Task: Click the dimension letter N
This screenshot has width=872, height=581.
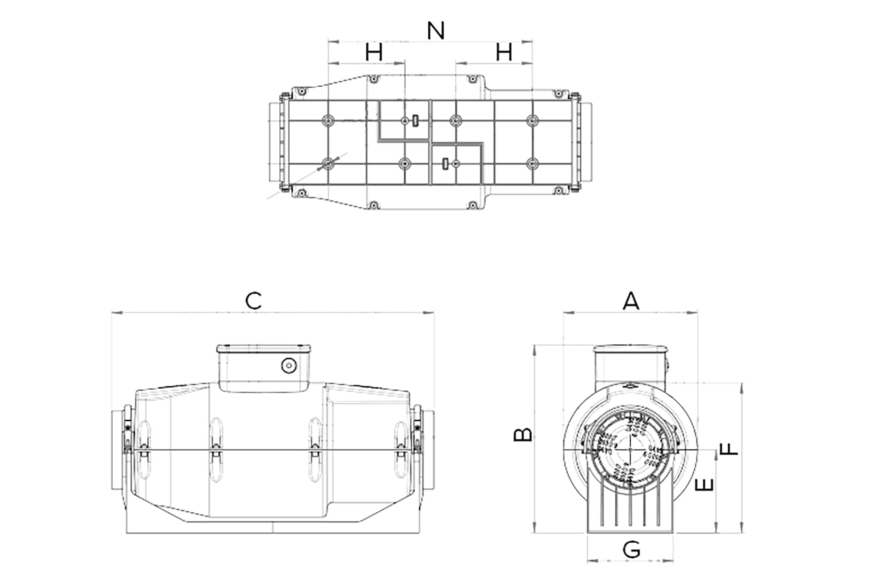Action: (436, 31)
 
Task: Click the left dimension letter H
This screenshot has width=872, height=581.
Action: (374, 52)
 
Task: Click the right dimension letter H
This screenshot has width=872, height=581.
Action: (504, 52)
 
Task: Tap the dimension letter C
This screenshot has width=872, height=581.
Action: (253, 301)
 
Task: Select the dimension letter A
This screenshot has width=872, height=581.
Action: (631, 301)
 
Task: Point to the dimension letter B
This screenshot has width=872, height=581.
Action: (523, 435)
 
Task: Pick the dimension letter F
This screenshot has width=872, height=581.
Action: (729, 448)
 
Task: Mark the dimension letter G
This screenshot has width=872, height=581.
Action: (631, 550)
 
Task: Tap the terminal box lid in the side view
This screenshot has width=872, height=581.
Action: (264, 348)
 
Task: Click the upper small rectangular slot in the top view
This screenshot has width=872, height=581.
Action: (415, 120)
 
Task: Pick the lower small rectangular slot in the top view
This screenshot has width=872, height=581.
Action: (445, 164)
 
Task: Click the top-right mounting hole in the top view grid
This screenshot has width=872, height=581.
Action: (532, 120)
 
